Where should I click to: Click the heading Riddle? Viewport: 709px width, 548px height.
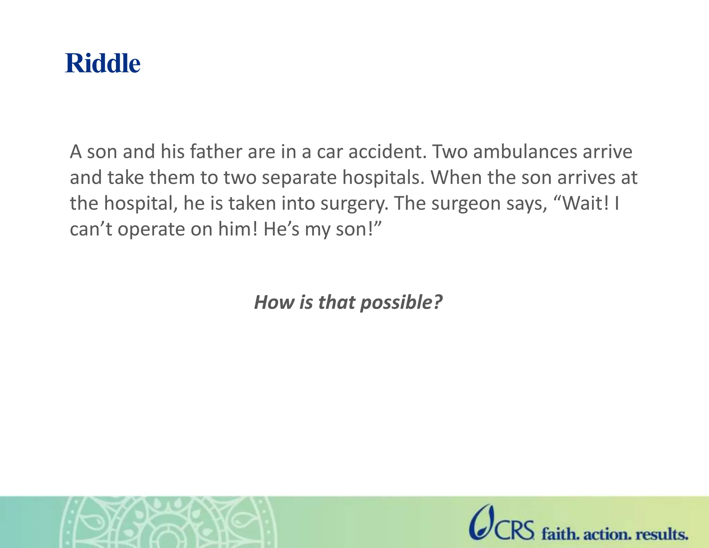point(103,63)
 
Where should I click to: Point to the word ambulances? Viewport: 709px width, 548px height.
point(525,152)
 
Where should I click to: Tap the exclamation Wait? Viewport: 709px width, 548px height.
point(581,203)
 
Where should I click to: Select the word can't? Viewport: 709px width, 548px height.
point(91,229)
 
